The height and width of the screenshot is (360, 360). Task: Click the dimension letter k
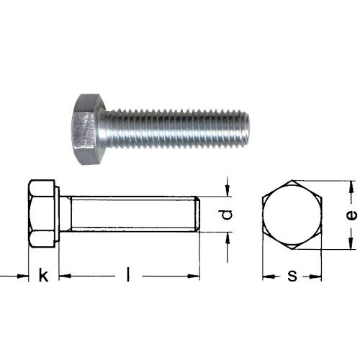point(43,275)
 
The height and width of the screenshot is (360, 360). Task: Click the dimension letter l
point(128,275)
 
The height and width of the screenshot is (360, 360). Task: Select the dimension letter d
point(227,215)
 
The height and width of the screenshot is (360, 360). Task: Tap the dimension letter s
point(292,276)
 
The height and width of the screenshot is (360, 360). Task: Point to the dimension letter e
point(351,215)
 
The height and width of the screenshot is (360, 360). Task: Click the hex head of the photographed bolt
point(88,129)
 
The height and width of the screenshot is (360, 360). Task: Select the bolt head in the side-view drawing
point(43,213)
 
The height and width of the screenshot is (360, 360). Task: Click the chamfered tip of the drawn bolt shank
point(197,214)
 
